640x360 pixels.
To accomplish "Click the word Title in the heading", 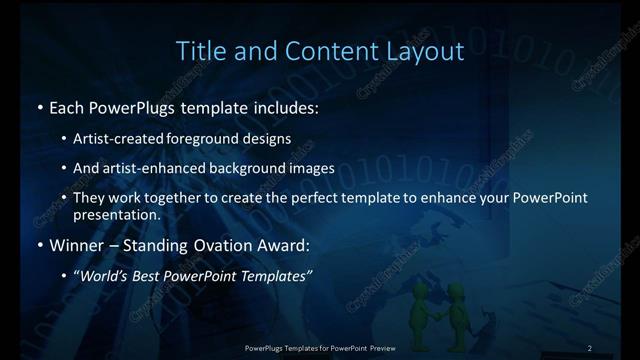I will pos(197,50).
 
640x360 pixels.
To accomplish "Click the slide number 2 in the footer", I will pos(590,347).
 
